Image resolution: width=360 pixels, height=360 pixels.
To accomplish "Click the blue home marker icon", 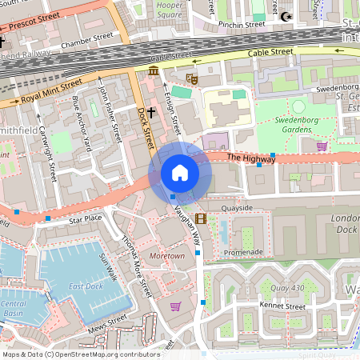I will (x=180, y=173).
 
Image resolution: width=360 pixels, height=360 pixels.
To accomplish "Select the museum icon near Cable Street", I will (x=153, y=73).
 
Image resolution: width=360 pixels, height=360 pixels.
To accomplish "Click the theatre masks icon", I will (x=191, y=78).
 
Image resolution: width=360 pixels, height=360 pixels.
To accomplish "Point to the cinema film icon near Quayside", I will (x=200, y=218).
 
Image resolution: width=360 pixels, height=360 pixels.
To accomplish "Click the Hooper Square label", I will (x=170, y=10).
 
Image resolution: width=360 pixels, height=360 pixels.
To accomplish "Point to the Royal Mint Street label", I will (x=51, y=90).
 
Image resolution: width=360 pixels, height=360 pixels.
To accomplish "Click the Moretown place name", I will (x=167, y=256).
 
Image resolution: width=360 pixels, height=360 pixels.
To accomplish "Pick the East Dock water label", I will (x=85, y=286).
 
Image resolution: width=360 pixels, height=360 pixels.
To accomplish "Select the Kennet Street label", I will (x=283, y=306).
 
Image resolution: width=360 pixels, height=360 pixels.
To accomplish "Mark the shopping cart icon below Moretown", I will (x=175, y=306).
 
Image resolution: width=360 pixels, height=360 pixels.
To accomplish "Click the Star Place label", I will (x=86, y=218).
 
